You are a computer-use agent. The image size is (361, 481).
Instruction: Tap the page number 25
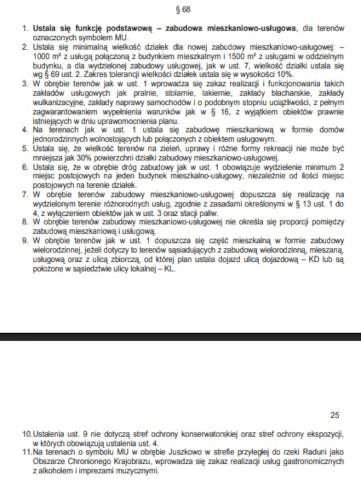coord(335,415)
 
